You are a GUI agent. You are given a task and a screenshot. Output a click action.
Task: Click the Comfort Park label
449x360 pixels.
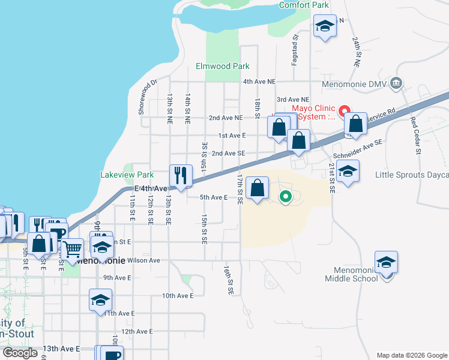pyautogui.click(x=304, y=5)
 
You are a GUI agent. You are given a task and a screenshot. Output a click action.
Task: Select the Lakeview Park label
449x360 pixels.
pyautogui.click(x=127, y=175)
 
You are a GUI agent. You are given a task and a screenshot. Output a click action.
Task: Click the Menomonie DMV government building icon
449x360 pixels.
pyautogui.click(x=396, y=83)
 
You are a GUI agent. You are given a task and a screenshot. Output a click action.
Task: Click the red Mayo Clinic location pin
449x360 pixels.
pyautogui.click(x=345, y=111)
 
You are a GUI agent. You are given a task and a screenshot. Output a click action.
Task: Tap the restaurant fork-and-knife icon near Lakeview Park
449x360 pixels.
pyautogui.click(x=181, y=175)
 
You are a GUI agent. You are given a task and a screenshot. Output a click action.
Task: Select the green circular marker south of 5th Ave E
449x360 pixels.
pyautogui.click(x=286, y=196)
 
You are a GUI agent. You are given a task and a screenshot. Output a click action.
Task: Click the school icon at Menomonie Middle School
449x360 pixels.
pyautogui.click(x=386, y=262)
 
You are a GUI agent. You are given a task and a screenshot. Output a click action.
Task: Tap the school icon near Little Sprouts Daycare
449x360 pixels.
pyautogui.click(x=348, y=171)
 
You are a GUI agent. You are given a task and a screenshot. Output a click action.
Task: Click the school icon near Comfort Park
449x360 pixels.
pyautogui.click(x=325, y=26)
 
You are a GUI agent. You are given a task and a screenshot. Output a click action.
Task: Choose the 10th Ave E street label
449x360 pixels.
pyautogui.click(x=178, y=296)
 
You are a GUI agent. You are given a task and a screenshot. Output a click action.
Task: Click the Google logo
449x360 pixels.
pyautogui.click(x=20, y=353)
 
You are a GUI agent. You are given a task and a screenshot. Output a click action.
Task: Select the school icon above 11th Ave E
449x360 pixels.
pyautogui.click(x=100, y=299)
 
